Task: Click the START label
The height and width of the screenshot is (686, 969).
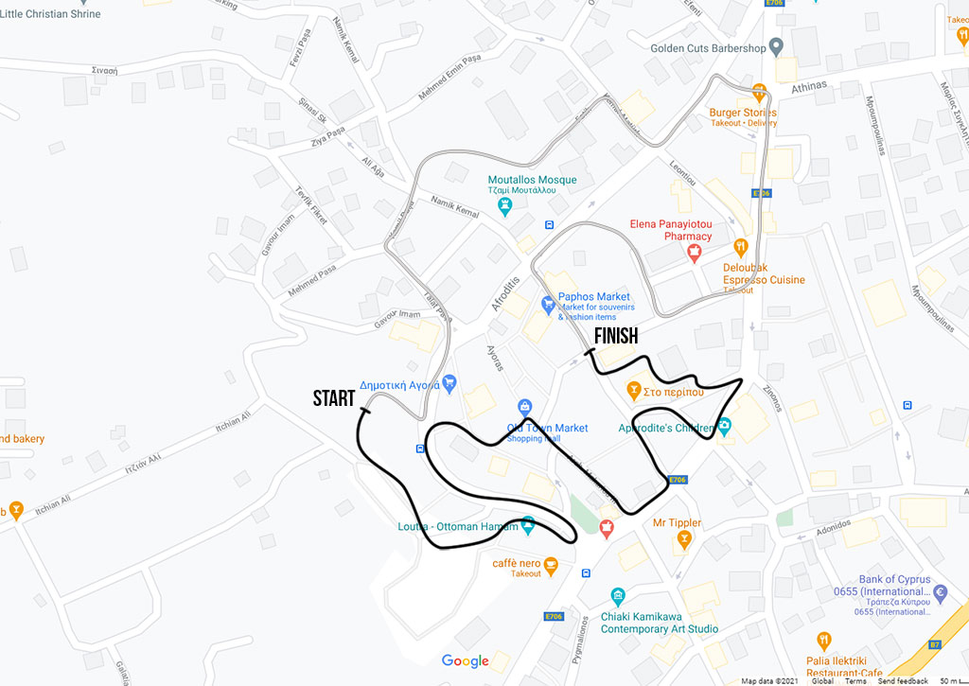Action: coord(333,398)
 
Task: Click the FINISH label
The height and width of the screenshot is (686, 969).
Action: coord(615,336)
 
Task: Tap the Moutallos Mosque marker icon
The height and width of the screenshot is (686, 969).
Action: coord(505,203)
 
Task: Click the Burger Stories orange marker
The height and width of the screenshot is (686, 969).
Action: coord(759,92)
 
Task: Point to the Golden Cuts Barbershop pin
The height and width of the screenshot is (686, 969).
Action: coord(777,45)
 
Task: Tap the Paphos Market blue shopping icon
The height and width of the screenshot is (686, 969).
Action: coord(547,305)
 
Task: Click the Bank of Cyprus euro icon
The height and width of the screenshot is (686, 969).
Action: coord(940,593)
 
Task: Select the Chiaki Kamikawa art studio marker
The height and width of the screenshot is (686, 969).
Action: coord(618,596)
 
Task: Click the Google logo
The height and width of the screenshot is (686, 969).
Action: coord(465,660)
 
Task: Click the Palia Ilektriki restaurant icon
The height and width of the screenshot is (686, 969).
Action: coord(823,641)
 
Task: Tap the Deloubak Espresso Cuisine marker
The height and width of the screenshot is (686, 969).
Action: coord(741,247)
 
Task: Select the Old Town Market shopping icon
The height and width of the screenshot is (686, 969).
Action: coord(524,408)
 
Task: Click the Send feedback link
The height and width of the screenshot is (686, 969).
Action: coord(902,681)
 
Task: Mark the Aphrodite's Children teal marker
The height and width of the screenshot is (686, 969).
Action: coord(724,427)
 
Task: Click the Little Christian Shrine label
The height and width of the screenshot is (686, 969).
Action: coord(50,13)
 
